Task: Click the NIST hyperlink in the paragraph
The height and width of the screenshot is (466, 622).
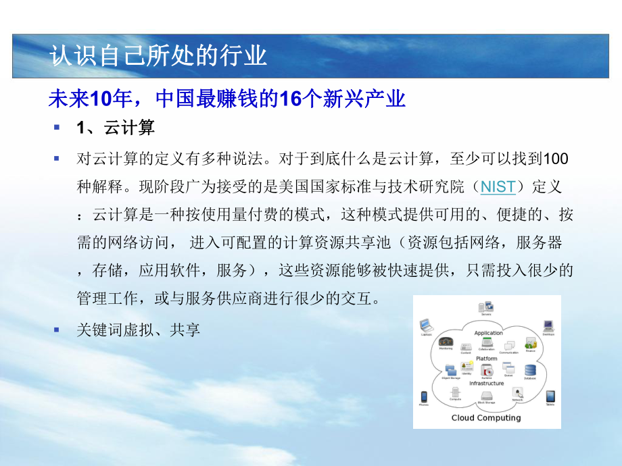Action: point(498,186)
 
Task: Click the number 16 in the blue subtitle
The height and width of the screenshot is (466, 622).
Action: point(289,99)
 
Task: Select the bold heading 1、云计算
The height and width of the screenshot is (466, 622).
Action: point(116,128)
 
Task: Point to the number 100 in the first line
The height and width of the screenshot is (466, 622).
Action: point(556,159)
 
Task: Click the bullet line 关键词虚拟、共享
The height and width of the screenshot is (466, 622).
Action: point(139,330)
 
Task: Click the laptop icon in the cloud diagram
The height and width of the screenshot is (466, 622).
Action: point(426,325)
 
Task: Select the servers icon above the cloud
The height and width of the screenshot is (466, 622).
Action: point(486,307)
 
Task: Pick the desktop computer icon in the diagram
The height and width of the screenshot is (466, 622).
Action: point(548,326)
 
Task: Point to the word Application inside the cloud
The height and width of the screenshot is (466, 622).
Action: point(488,333)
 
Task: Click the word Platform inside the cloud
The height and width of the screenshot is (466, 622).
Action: point(487,359)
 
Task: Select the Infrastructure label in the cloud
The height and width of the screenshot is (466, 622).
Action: point(487,383)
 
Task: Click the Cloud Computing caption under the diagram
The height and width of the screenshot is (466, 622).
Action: point(487,417)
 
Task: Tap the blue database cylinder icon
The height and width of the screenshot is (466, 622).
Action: point(530,370)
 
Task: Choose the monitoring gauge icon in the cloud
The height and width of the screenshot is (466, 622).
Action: point(445,342)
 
